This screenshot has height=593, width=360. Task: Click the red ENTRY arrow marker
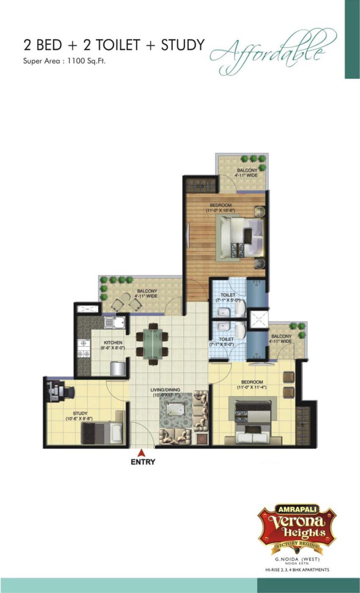[140, 452]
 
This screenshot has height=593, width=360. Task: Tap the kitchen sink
[112, 322]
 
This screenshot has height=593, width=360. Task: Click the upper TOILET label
[228, 295]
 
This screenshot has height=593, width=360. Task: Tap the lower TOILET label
[227, 339]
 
